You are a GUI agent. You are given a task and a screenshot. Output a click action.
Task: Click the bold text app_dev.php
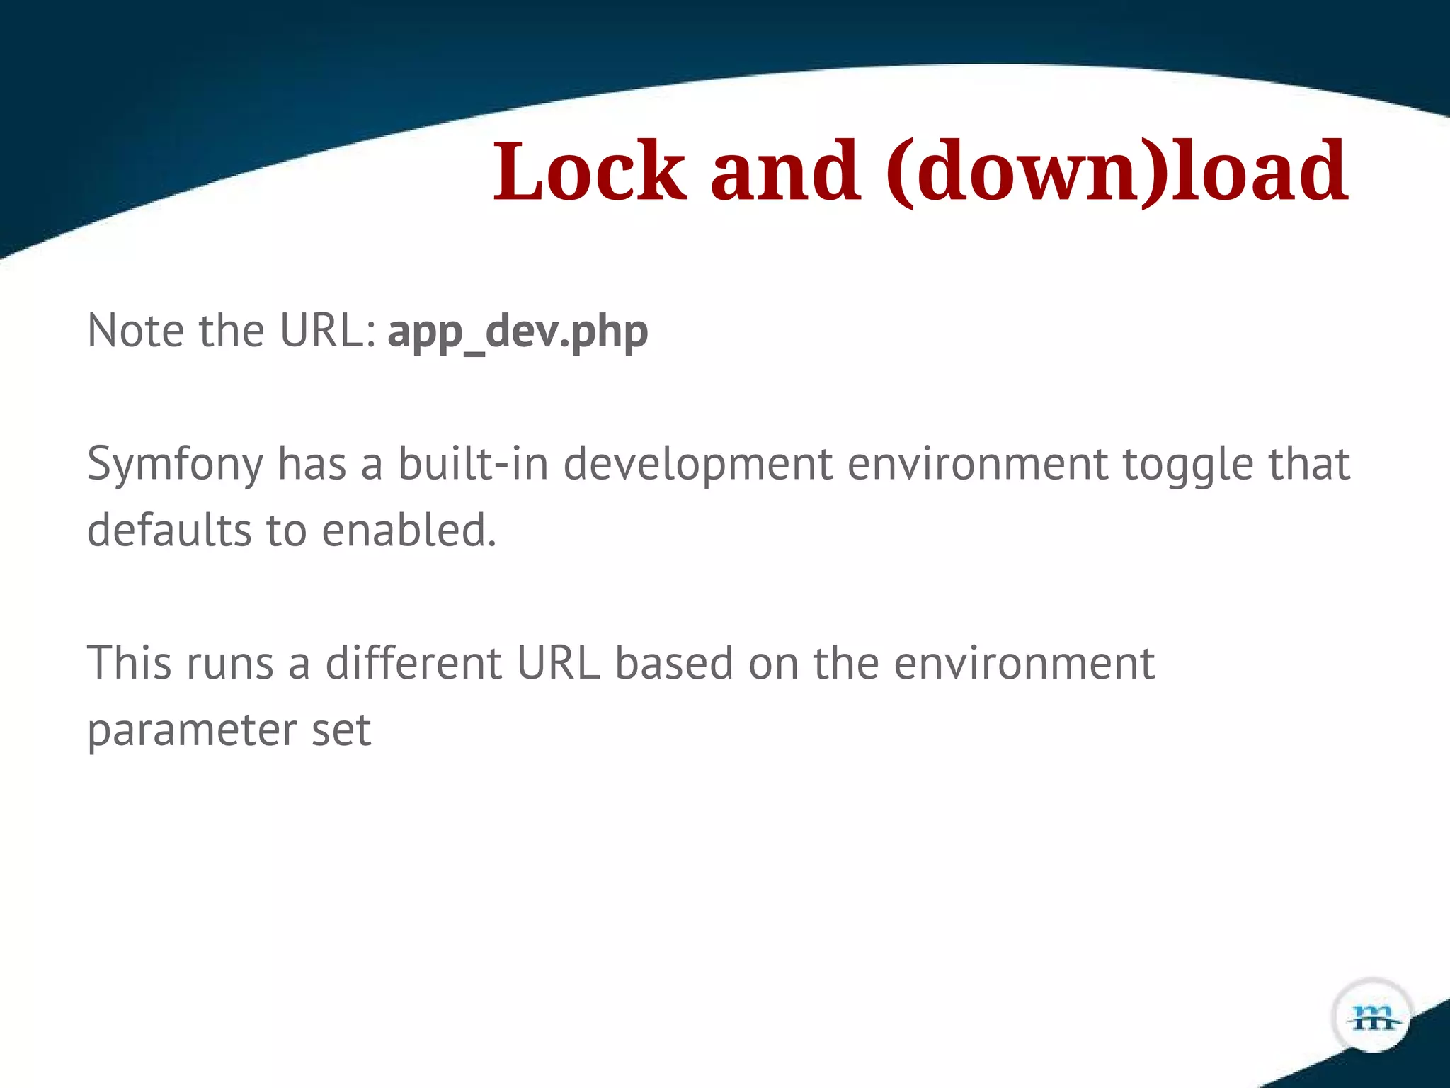(518, 331)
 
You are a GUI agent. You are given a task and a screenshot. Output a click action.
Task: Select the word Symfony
(175, 465)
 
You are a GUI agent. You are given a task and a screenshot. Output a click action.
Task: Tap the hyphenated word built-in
(473, 463)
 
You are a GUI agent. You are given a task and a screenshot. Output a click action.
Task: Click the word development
(698, 465)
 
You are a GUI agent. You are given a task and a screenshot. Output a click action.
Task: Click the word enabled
(409, 530)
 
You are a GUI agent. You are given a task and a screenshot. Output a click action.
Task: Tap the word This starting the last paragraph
(129, 663)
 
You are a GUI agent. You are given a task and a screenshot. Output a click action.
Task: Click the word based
(674, 663)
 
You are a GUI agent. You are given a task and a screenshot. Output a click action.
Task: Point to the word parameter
(191, 731)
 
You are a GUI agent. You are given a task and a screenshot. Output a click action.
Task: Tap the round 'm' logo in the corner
(1373, 1017)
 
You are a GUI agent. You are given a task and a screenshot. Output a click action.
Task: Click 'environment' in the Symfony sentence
(978, 465)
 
